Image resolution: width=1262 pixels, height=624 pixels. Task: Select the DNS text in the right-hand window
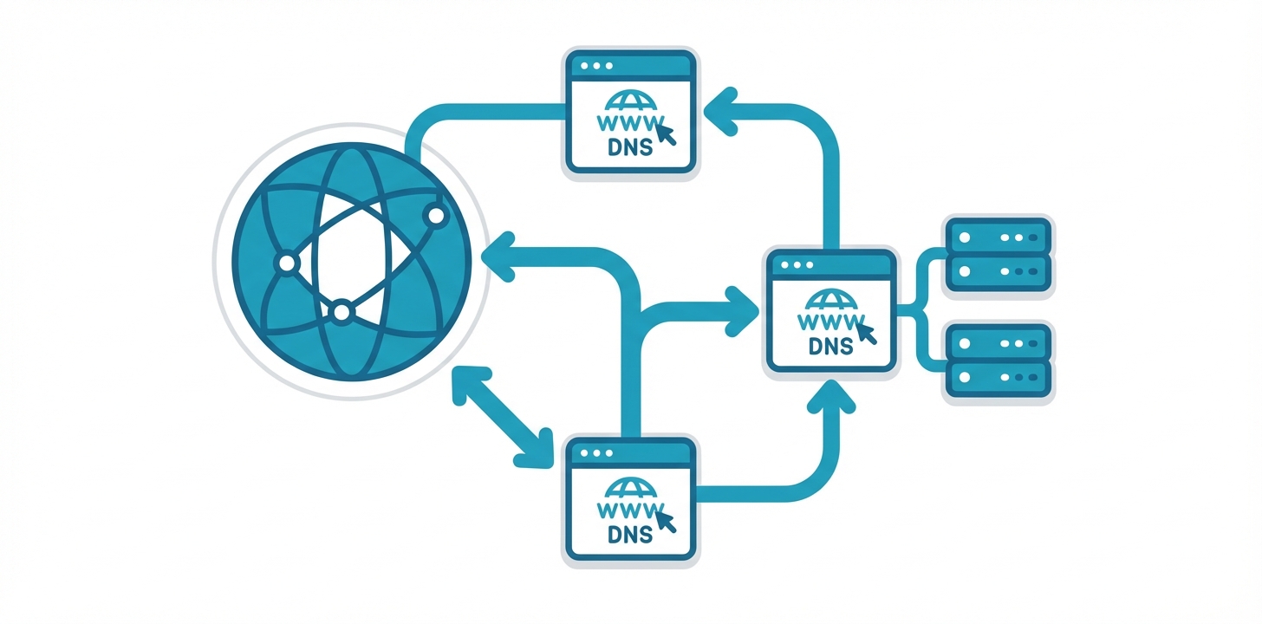[829, 346]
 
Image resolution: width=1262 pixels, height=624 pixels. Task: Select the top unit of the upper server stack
[998, 236]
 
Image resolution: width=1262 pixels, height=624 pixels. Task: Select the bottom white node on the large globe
[342, 310]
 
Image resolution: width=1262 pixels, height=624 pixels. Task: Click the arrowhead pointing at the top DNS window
[722, 107]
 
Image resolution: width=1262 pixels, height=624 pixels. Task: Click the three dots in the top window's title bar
[595, 65]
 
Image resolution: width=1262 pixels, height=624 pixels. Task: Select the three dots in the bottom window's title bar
[595, 452]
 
